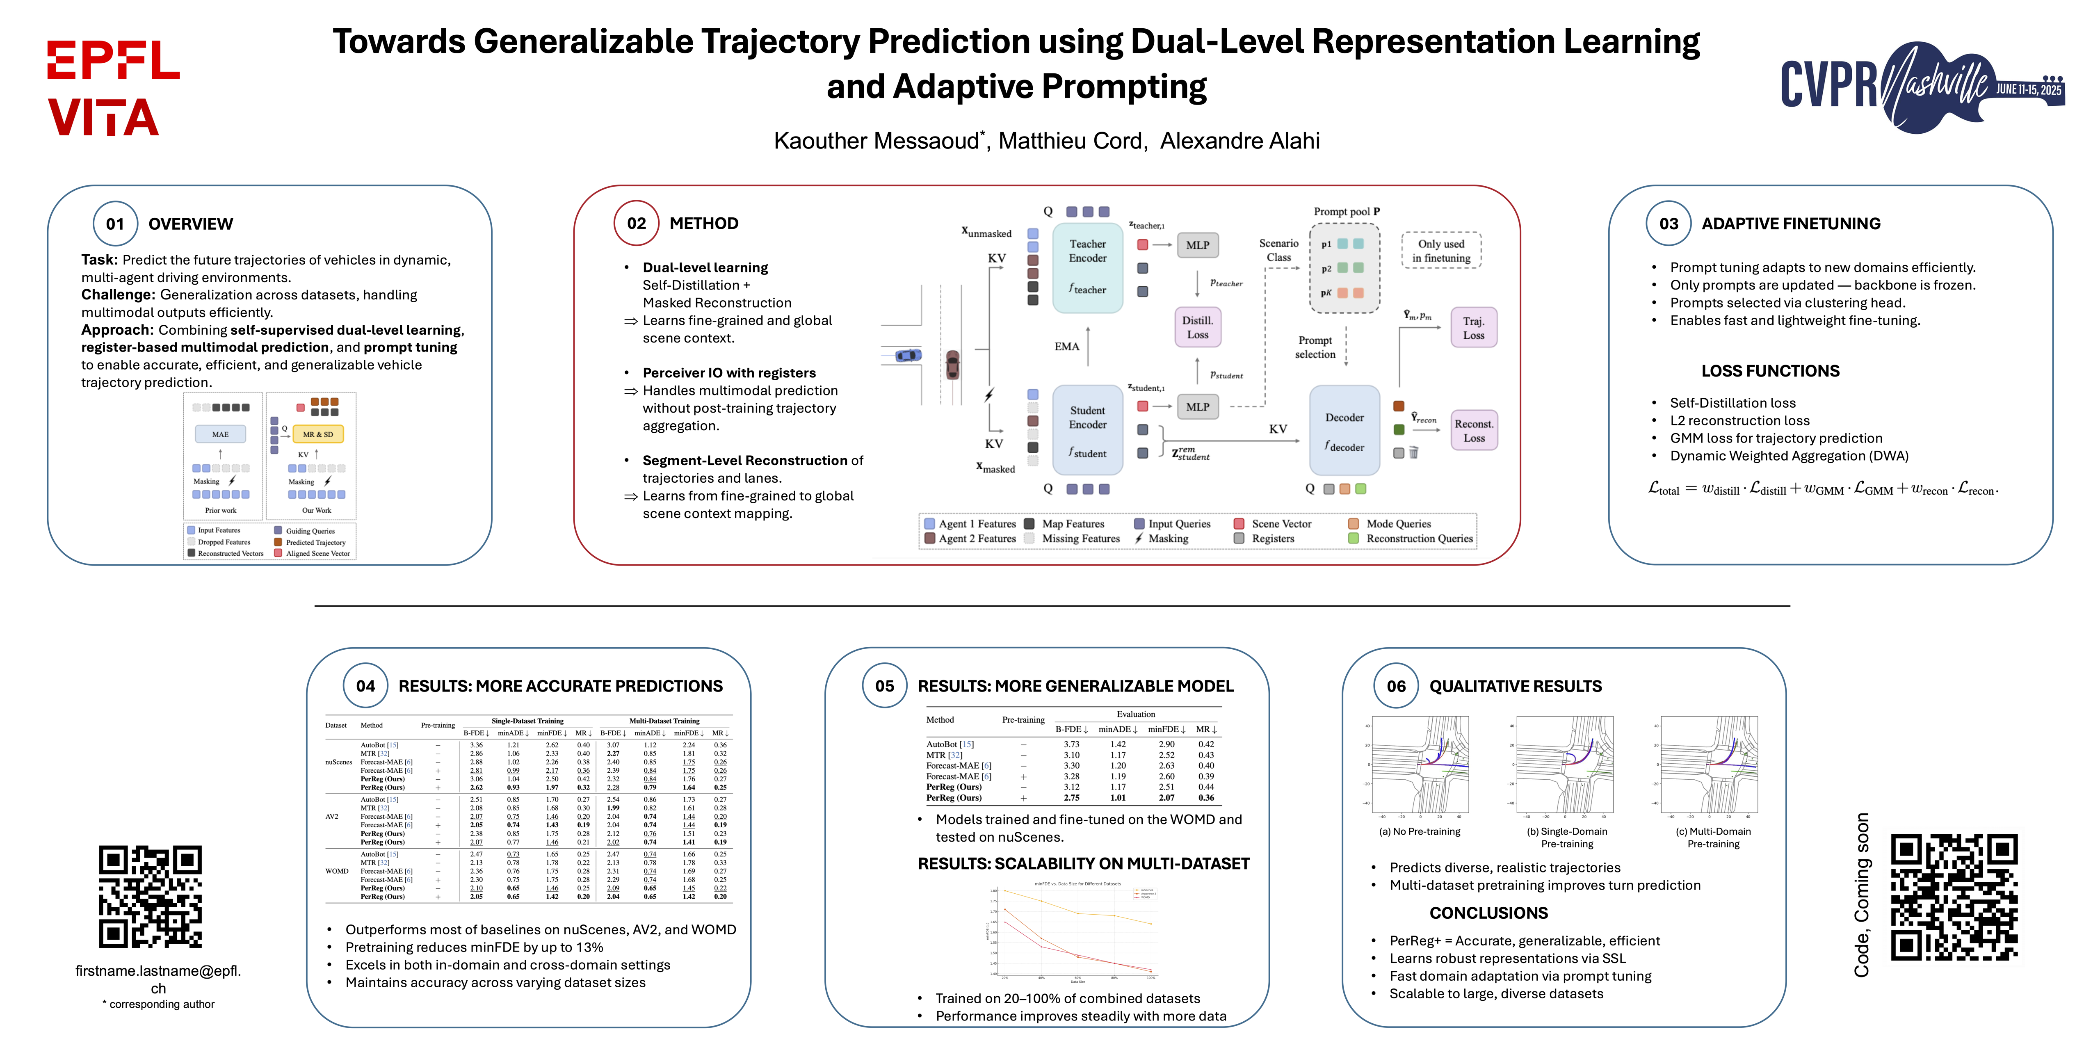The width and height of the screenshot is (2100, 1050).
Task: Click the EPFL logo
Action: (x=113, y=60)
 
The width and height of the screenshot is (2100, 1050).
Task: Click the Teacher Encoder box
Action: (x=1087, y=267)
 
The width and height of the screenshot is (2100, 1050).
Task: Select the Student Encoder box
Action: (x=1087, y=429)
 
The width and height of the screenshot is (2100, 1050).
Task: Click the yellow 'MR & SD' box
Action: (x=318, y=434)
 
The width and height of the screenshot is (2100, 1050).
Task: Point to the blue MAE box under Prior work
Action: (x=220, y=434)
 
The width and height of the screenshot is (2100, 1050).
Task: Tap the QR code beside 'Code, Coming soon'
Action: (x=1953, y=897)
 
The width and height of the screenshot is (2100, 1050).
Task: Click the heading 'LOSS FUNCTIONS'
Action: (x=1770, y=371)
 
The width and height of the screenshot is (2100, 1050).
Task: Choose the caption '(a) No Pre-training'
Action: (x=1419, y=831)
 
